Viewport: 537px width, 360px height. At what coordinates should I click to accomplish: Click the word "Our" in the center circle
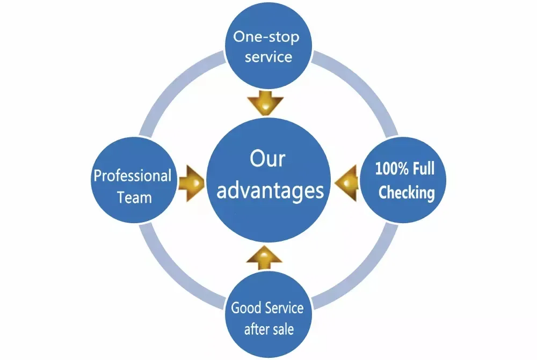(267, 160)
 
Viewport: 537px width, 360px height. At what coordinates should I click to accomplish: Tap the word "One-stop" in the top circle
(266, 38)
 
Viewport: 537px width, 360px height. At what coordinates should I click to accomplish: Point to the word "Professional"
(133, 176)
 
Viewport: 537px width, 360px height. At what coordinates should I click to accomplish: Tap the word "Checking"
(407, 192)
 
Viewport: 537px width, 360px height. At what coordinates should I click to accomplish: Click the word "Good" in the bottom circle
(246, 308)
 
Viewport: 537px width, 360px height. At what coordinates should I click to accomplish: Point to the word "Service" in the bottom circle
(284, 308)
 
